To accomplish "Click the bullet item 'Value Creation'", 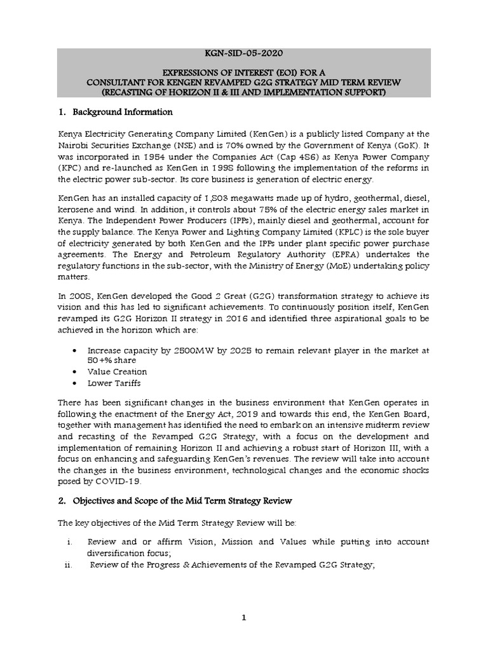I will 117,372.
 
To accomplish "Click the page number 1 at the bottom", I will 244,617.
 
